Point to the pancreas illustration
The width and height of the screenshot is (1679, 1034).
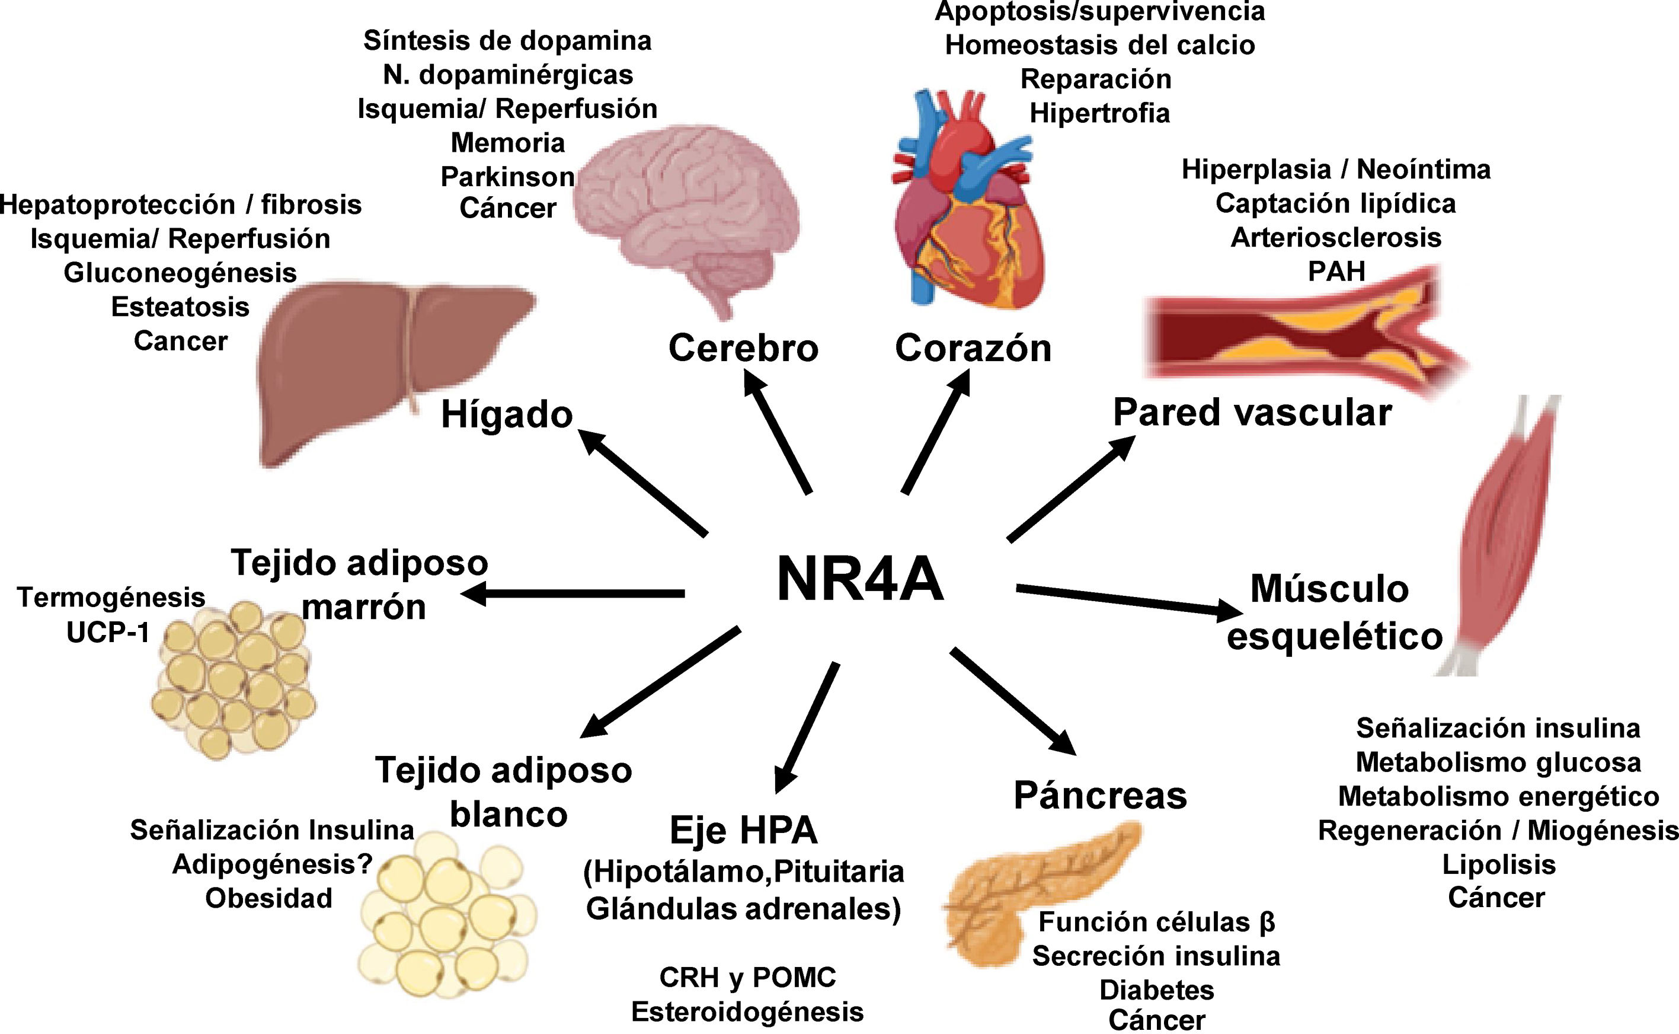click(x=1025, y=889)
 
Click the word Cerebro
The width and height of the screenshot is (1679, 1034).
click(x=743, y=348)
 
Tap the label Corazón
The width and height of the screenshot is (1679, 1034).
click(x=973, y=348)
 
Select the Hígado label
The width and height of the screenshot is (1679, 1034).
click(x=507, y=414)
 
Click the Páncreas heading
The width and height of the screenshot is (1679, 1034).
click(x=1100, y=795)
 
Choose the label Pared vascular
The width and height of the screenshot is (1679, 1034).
click(x=1252, y=413)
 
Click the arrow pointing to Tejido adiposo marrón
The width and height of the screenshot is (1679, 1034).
click(x=574, y=593)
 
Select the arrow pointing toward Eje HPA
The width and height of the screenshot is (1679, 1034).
click(x=807, y=728)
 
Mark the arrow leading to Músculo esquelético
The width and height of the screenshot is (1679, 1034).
click(x=1128, y=600)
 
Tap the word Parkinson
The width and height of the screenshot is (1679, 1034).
click(x=507, y=177)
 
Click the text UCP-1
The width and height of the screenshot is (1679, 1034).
click(x=108, y=633)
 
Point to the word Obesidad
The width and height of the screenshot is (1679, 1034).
click(x=268, y=898)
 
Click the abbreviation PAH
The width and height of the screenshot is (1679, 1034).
click(x=1336, y=272)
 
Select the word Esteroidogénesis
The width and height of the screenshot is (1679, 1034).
click(x=747, y=1011)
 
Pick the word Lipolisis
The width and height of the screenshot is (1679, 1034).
click(x=1498, y=864)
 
